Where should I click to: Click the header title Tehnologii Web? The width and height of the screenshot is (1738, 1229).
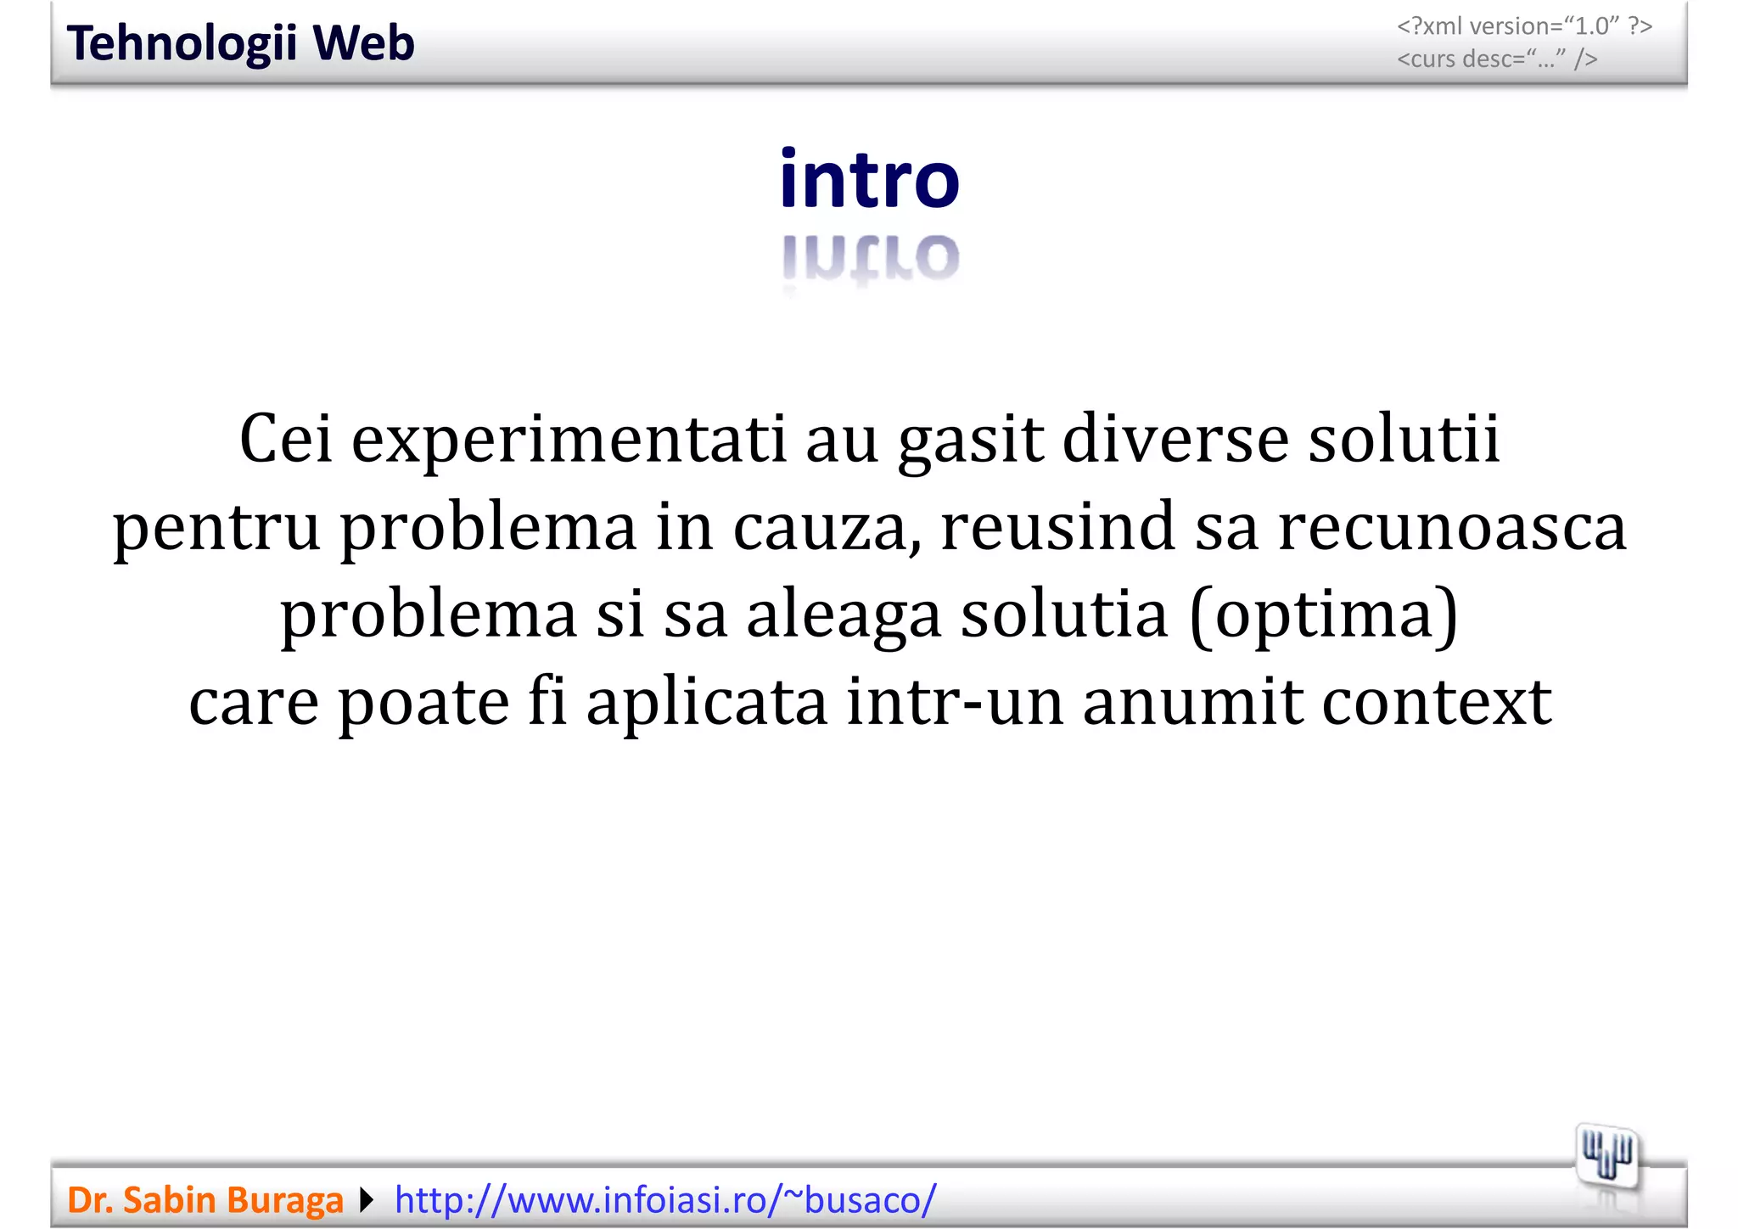(x=240, y=43)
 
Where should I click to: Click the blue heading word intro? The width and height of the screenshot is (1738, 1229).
(x=869, y=179)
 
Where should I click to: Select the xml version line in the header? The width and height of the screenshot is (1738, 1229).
(x=1524, y=26)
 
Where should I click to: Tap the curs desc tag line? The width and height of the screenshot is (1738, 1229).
(x=1497, y=59)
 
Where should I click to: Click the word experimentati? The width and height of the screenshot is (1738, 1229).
(x=569, y=440)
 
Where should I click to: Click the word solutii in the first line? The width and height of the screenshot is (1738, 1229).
(x=1404, y=440)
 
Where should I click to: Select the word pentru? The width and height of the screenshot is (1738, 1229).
(x=216, y=528)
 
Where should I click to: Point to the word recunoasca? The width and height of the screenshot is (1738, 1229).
(x=1452, y=528)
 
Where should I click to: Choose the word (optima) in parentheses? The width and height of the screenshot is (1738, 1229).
(x=1324, y=615)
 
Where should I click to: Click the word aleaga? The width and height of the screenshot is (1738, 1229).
(x=844, y=615)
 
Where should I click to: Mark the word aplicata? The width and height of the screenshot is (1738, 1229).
(x=707, y=703)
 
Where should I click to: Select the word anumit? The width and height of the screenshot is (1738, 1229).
(x=1192, y=703)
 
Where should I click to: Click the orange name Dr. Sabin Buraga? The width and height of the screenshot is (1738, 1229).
(x=205, y=1200)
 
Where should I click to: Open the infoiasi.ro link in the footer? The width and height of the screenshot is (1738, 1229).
(x=665, y=1200)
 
